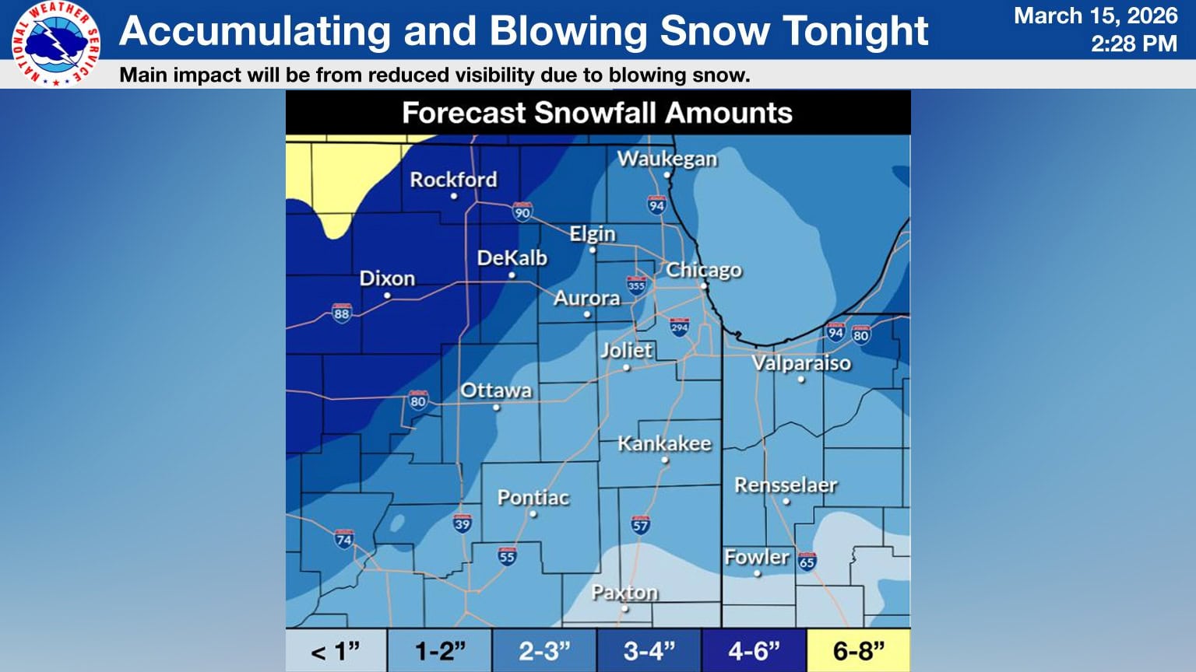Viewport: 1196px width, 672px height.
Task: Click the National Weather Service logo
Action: pyautogui.click(x=55, y=44)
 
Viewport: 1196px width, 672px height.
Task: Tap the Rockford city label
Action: pyautogui.click(x=453, y=180)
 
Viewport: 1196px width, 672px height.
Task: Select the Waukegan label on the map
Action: pyautogui.click(x=667, y=159)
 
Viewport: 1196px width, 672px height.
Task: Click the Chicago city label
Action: pyautogui.click(x=703, y=270)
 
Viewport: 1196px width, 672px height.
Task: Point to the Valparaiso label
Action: pyautogui.click(x=801, y=363)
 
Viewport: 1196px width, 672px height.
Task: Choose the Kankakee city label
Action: pyautogui.click(x=664, y=443)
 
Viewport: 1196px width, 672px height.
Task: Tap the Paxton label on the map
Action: pyautogui.click(x=624, y=593)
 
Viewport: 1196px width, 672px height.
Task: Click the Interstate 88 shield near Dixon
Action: pyautogui.click(x=341, y=313)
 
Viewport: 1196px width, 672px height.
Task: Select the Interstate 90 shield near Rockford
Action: pyautogui.click(x=522, y=212)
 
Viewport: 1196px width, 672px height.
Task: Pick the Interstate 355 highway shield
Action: pyautogui.click(x=636, y=285)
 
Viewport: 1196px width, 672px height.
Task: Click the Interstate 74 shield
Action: pyautogui.click(x=343, y=538)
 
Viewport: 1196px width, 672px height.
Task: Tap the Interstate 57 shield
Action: pyautogui.click(x=640, y=524)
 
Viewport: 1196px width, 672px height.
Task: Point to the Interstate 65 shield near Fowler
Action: pyautogui.click(x=807, y=561)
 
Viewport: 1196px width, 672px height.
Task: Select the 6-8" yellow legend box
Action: pyautogui.click(x=858, y=650)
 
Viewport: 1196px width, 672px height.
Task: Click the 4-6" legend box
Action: pyautogui.click(x=753, y=650)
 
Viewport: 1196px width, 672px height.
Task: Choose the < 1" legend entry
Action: pyautogui.click(x=336, y=650)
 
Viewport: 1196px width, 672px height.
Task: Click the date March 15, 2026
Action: pyautogui.click(x=1095, y=16)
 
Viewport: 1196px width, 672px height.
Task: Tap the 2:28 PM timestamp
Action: pyautogui.click(x=1133, y=44)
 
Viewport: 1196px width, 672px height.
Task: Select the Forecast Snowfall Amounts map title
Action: pyautogui.click(x=596, y=113)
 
